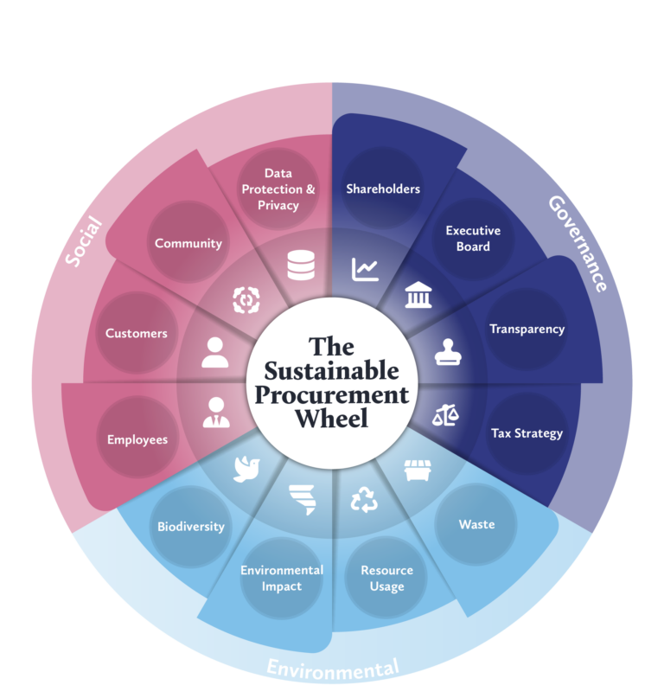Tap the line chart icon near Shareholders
click(x=365, y=269)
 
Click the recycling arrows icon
click(x=364, y=500)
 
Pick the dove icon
click(x=247, y=468)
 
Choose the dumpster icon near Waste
click(x=418, y=471)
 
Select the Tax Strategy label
click(x=527, y=432)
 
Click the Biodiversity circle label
click(x=191, y=526)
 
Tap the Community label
click(x=188, y=243)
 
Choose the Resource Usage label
click(x=386, y=579)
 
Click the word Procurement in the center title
click(x=336, y=395)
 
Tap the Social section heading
click(x=84, y=241)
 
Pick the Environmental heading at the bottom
click(x=333, y=668)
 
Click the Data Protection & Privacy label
click(x=278, y=189)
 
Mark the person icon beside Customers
click(x=215, y=353)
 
